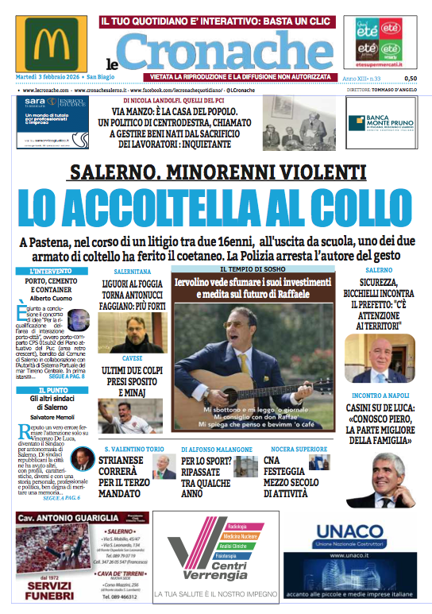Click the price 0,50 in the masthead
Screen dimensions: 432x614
[x=410, y=79]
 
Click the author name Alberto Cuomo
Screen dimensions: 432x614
[x=45, y=297]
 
